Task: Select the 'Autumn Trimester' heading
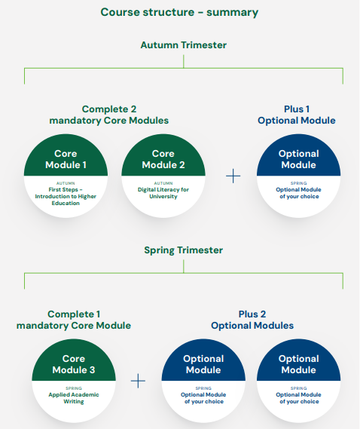tap(184, 45)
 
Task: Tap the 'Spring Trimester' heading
tap(184, 250)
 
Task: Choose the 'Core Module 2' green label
tap(163, 159)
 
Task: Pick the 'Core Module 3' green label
tap(74, 364)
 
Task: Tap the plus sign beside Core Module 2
tap(233, 176)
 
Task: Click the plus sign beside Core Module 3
tap(138, 381)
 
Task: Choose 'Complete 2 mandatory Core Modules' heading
tap(109, 115)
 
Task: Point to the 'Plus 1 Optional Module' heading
tap(297, 115)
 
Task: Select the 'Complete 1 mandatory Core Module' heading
tap(74, 320)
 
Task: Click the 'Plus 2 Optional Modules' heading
tap(252, 320)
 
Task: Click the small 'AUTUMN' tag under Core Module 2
tap(163, 183)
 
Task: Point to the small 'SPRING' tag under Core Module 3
tap(74, 388)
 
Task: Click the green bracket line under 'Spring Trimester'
tap(184, 274)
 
